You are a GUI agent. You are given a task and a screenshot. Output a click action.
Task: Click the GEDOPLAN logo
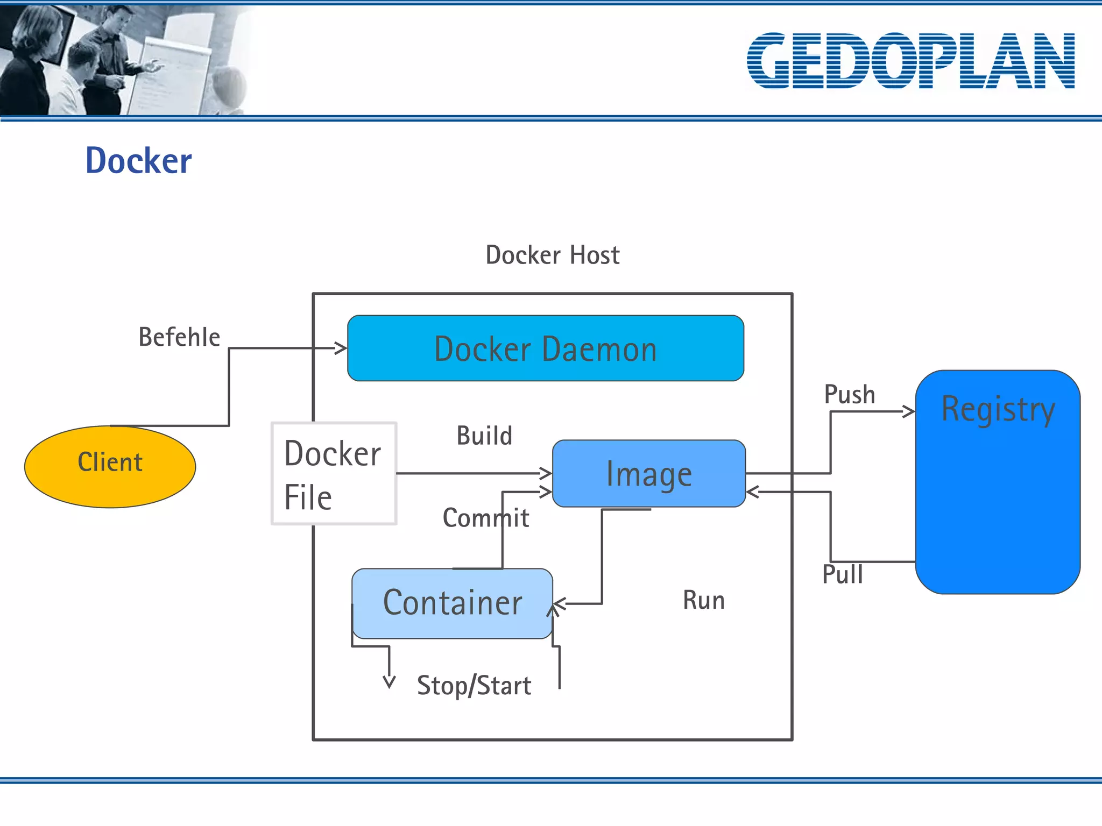point(910,60)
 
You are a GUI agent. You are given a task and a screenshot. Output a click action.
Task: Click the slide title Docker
point(138,161)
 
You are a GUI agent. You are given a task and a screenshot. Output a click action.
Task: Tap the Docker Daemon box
point(545,348)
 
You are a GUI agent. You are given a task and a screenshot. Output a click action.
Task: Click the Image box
point(648,474)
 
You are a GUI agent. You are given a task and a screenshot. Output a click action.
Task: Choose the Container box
point(452,603)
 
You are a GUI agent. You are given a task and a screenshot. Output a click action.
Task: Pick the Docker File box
point(334,473)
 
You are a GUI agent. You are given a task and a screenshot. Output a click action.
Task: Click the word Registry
point(998,410)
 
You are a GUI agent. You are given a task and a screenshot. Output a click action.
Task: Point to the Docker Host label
point(552,255)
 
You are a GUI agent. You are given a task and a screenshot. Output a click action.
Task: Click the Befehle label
point(179,337)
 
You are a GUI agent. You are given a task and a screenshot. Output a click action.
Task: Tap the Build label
point(484,436)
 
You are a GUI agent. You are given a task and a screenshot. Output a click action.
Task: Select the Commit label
point(485,518)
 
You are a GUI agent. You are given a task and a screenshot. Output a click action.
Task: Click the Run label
point(703,600)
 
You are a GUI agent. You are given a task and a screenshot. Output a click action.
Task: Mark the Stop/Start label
point(474,686)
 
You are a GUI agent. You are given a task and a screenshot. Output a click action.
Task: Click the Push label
point(849,395)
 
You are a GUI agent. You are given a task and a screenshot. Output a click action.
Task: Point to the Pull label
point(842,574)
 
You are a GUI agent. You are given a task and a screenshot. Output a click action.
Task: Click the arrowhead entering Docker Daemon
point(341,348)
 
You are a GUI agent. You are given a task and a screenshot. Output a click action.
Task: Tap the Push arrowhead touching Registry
point(909,412)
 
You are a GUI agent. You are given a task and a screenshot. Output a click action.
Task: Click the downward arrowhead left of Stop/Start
point(389,682)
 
